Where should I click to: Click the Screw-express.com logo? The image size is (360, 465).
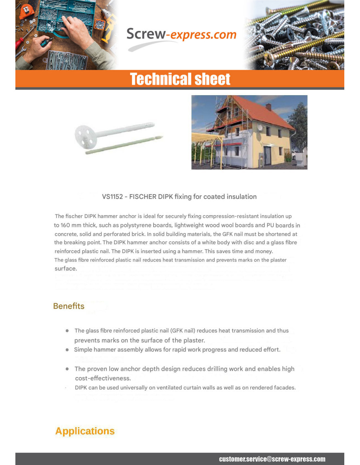181,35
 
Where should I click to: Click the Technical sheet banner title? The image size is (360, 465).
180,79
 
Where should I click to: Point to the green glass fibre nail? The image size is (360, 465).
124,145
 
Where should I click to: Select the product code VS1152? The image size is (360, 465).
112,197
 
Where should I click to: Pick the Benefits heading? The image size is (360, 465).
69,306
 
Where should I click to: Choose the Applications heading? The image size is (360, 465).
85,431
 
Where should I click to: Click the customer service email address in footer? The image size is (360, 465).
272,459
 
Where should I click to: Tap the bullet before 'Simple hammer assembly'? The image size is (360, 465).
67,350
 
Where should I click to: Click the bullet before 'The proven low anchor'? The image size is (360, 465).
67,369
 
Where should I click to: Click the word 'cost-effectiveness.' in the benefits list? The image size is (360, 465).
103,378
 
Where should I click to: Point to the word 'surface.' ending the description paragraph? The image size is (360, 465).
66,268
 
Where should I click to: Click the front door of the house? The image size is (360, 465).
267,154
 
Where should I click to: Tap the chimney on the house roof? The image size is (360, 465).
268,107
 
